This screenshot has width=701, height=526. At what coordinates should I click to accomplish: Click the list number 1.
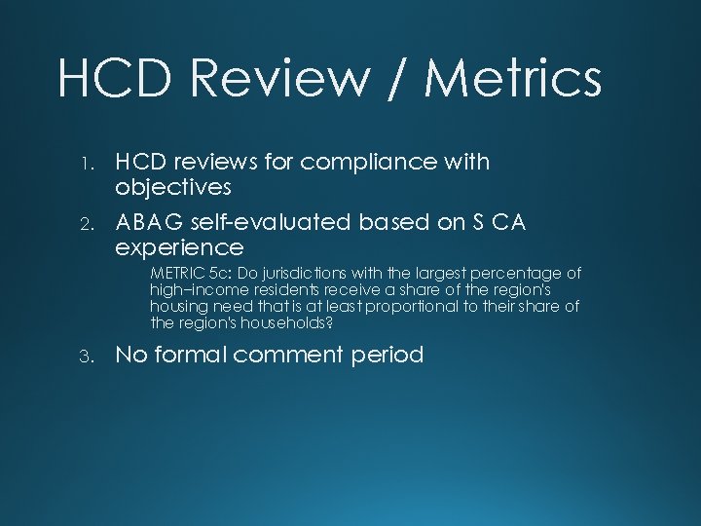(x=86, y=163)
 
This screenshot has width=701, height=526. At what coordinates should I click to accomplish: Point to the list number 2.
(x=86, y=223)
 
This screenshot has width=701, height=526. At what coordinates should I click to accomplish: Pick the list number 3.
(x=86, y=356)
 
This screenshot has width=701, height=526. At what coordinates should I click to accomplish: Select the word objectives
(x=173, y=187)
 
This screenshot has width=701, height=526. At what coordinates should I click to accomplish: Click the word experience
(x=179, y=247)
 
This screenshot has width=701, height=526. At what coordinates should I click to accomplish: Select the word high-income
(x=193, y=290)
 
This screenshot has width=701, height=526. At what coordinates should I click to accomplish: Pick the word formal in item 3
(x=191, y=355)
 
